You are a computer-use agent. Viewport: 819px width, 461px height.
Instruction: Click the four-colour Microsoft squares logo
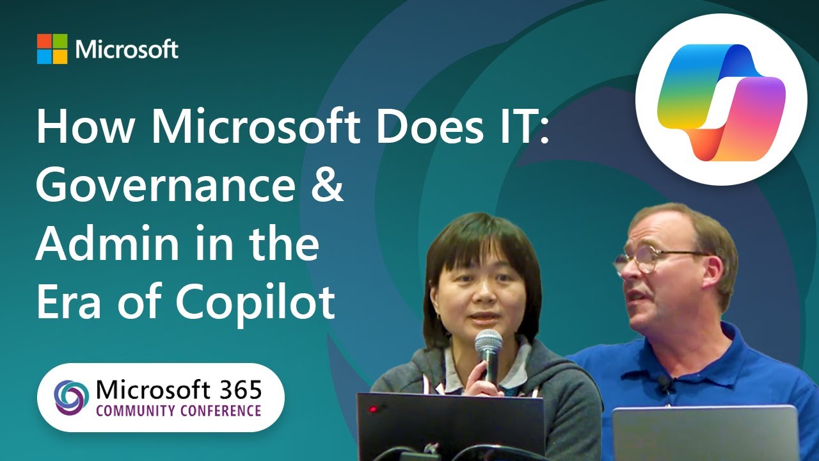52,49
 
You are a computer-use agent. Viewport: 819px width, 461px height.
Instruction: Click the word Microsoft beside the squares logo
127,49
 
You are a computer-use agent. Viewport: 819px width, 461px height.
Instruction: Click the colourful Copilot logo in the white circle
721,99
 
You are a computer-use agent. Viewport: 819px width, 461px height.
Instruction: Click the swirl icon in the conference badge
72,398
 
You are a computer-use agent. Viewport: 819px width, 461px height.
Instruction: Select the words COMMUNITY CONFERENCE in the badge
179,410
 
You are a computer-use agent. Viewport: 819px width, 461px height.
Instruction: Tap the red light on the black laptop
374,409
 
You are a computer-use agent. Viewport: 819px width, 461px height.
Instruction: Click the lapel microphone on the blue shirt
665,385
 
